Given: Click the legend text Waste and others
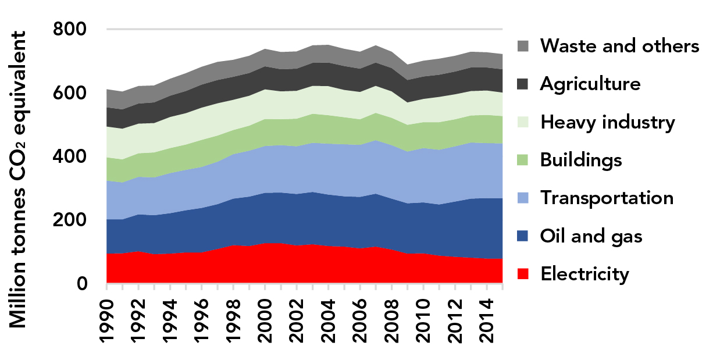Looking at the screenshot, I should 619,45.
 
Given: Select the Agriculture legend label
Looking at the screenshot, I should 590,84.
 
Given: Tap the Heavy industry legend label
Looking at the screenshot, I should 607,122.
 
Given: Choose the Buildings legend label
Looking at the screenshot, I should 581,159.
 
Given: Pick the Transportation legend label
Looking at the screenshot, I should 607,198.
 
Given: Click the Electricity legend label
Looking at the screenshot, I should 584,273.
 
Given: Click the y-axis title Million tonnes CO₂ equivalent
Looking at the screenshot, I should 19,179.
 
